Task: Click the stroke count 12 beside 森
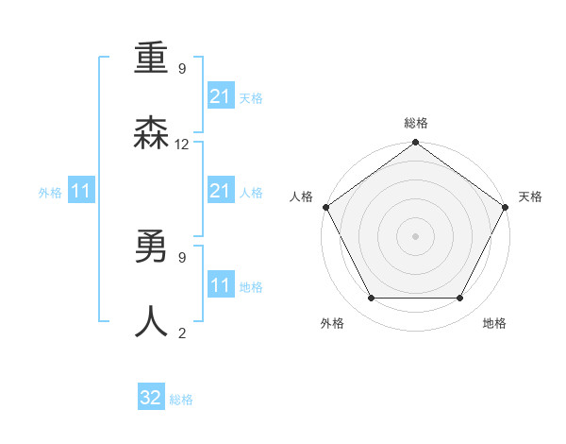[x=182, y=145]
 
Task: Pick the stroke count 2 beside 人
[x=182, y=332]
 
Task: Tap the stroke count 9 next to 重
[x=182, y=69]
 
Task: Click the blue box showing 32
[x=151, y=399]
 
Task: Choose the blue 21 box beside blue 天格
[x=221, y=96]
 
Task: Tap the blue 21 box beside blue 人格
[x=221, y=191]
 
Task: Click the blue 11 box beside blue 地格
[x=221, y=284]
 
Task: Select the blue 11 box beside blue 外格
[x=81, y=192]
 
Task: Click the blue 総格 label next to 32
[x=181, y=400]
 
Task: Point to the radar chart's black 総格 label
[x=415, y=124]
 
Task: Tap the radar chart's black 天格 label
[x=530, y=196]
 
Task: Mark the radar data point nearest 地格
[x=460, y=299]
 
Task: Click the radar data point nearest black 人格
[x=326, y=207]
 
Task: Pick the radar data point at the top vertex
[x=415, y=144]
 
